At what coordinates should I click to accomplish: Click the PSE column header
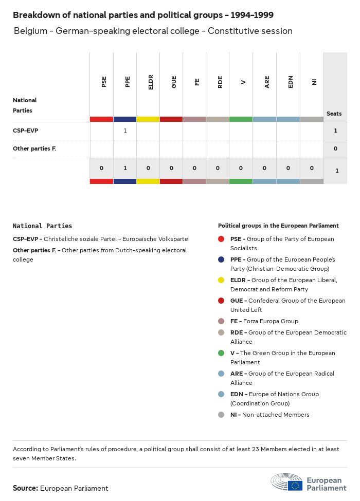tap(104, 82)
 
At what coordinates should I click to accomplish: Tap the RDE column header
tap(220, 82)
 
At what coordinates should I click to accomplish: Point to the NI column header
tap(314, 82)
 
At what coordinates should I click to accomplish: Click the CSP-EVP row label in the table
tap(25, 131)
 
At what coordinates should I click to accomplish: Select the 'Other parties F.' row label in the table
tap(34, 149)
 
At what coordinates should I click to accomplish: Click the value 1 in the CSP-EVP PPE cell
tap(125, 131)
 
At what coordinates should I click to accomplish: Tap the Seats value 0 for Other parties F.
tap(335, 149)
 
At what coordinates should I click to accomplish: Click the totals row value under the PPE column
tap(125, 168)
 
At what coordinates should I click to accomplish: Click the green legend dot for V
tap(221, 353)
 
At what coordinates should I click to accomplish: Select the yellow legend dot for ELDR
tap(221, 280)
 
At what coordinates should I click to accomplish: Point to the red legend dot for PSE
tap(221, 239)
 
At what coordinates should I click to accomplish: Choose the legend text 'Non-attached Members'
tap(276, 415)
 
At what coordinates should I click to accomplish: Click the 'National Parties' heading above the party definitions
tap(42, 226)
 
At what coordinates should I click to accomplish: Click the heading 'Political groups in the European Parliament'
tap(278, 226)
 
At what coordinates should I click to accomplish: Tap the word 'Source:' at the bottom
tap(25, 488)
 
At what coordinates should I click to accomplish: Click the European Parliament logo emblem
tap(287, 483)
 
